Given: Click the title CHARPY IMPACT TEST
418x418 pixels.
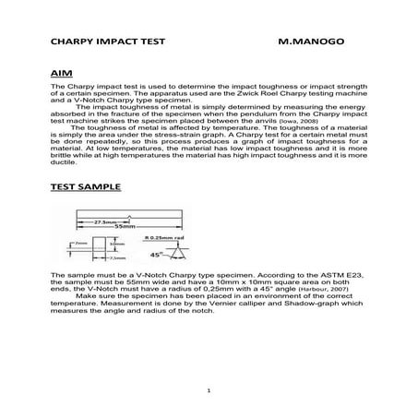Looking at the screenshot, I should pyautogui.click(x=102, y=43).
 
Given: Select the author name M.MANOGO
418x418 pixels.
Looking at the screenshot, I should pyautogui.click(x=310, y=43).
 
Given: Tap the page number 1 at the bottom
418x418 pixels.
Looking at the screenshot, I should pyautogui.click(x=209, y=392).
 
